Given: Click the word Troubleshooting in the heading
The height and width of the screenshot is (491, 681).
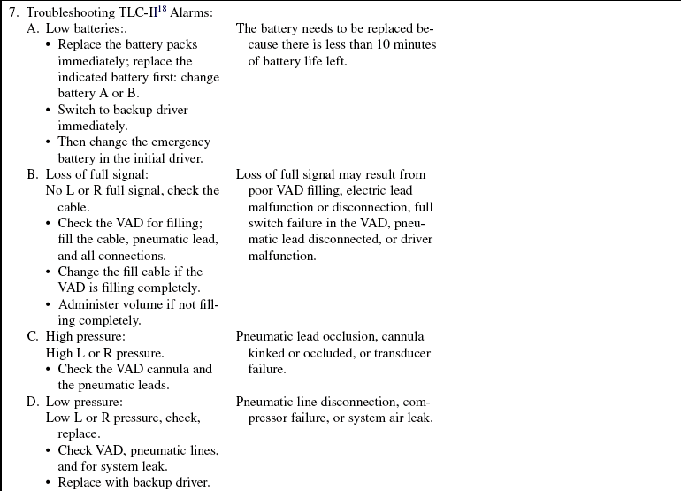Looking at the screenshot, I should click(x=66, y=13).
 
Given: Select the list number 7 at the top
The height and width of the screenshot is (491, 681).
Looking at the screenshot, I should click(x=13, y=13).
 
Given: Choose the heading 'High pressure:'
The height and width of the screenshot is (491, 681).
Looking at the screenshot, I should click(x=86, y=337).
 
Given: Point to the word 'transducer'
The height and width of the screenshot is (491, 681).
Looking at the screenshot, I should click(x=402, y=353).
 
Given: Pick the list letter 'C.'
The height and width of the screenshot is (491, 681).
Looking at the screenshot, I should click(x=33, y=337).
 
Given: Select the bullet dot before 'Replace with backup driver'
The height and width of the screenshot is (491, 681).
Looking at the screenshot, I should click(x=49, y=483).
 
